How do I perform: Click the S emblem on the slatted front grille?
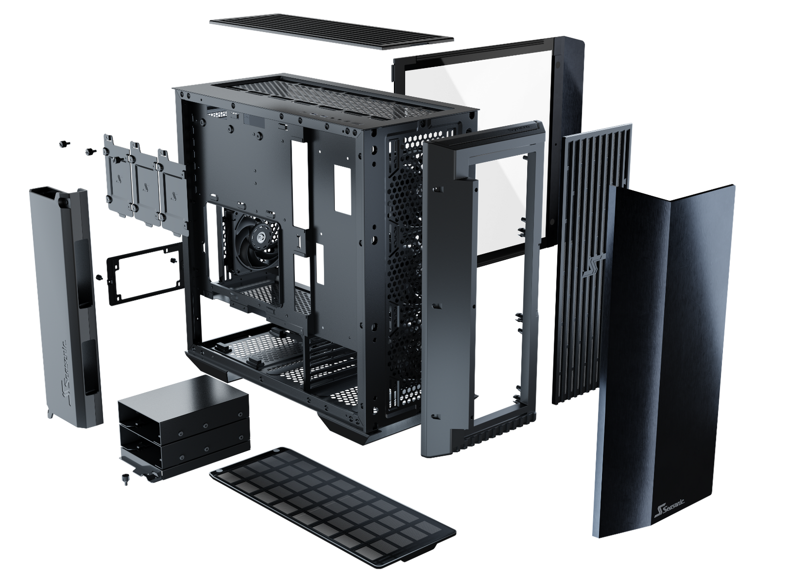tap(594, 265)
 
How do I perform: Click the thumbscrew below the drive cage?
tap(125, 479)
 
